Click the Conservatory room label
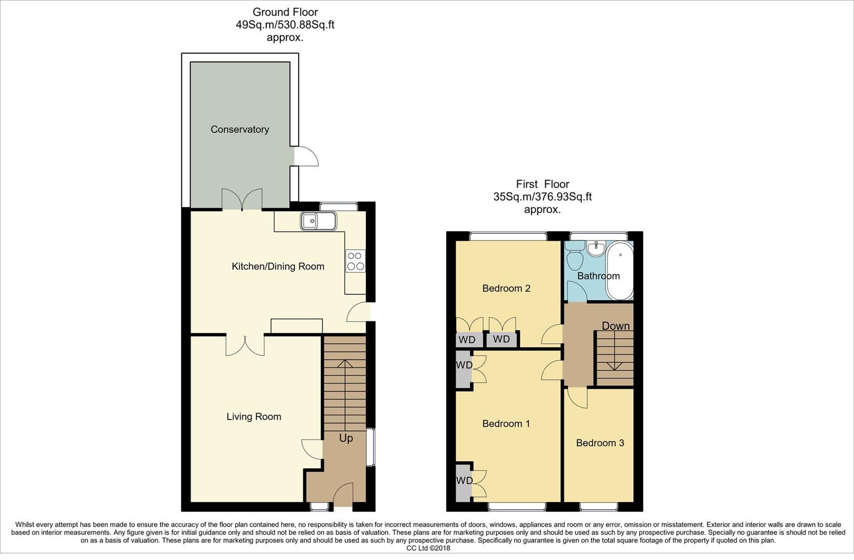pyautogui.click(x=239, y=130)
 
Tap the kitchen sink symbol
pyautogui.click(x=318, y=221)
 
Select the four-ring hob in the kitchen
pyautogui.click(x=355, y=260)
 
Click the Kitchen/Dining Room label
pyautogui.click(x=278, y=267)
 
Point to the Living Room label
pyautogui.click(x=253, y=417)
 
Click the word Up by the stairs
pyautogui.click(x=346, y=438)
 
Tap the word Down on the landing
pyautogui.click(x=616, y=326)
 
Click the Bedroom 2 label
pyautogui.click(x=506, y=288)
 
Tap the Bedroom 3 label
pyautogui.click(x=600, y=443)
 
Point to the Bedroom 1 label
pyautogui.click(x=506, y=424)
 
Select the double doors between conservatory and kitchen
pyautogui.click(x=241, y=200)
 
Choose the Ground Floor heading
pyautogui.click(x=284, y=12)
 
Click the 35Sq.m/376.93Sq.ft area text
pyautogui.click(x=542, y=197)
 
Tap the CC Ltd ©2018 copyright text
pyautogui.click(x=428, y=548)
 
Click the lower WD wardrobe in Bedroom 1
pyautogui.click(x=464, y=481)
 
